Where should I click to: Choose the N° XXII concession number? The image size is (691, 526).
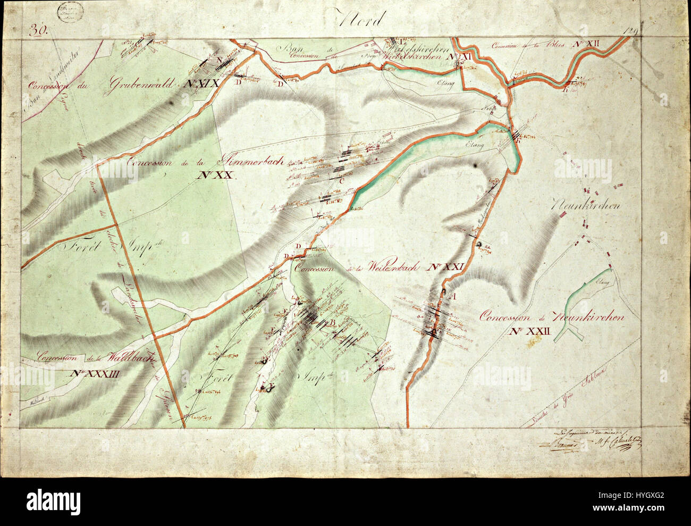point(532,331)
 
